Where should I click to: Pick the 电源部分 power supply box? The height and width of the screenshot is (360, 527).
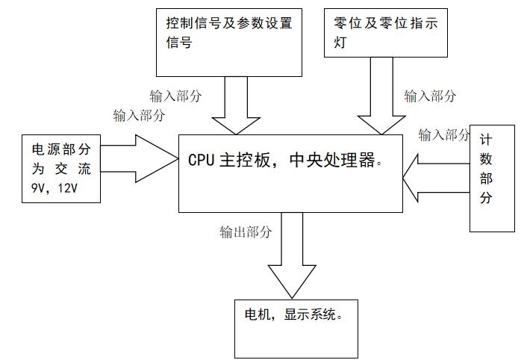click(x=60, y=169)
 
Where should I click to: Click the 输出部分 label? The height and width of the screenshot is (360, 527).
click(x=245, y=232)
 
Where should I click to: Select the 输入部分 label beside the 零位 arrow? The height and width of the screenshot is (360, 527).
click(x=430, y=96)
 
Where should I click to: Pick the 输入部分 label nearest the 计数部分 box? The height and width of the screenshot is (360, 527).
click(x=444, y=134)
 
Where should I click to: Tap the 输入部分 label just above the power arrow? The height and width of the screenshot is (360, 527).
click(x=140, y=115)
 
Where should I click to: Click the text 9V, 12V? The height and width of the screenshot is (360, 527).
click(x=54, y=190)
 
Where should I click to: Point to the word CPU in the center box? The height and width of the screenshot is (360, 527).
click(x=202, y=161)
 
